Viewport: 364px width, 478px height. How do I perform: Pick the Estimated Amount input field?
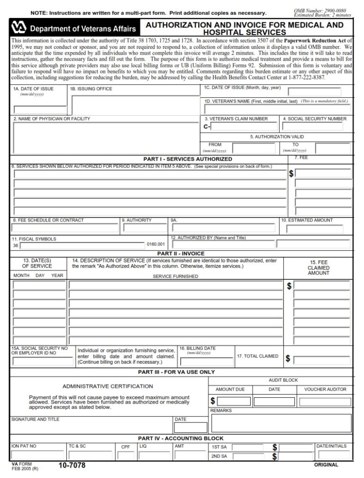click(315, 228)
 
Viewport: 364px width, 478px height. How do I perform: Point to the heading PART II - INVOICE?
click(181, 254)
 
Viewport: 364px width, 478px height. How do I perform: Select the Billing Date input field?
click(206, 360)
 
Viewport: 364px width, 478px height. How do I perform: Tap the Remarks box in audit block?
click(281, 423)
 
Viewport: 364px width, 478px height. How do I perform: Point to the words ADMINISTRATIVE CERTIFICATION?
click(108, 386)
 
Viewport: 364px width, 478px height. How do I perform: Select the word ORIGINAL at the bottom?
click(326, 465)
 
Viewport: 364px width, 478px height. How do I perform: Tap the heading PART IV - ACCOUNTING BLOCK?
click(181, 438)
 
